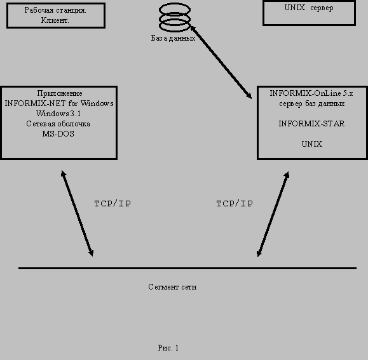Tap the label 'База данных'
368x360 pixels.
coord(174,38)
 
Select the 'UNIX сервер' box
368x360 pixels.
coord(309,24)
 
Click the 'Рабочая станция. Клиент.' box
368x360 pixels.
coord(56,27)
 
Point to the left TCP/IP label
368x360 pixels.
coord(112,203)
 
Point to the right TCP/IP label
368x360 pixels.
coord(235,203)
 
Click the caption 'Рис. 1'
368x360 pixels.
coord(168,347)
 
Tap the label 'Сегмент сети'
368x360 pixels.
coord(172,287)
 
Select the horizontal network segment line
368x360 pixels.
coord(187,268)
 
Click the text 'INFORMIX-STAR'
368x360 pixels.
coord(311,124)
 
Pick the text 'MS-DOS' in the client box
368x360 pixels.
coord(58,133)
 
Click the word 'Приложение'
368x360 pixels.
coord(60,93)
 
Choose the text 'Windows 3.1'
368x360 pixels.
coord(58,114)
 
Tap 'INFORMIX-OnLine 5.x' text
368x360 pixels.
coord(311,93)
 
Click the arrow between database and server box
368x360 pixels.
coord(221,62)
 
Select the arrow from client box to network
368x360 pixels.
coord(77,213)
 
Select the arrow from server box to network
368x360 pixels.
coord(273,214)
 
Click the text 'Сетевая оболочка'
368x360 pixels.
coord(58,124)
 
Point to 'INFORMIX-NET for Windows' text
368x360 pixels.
coord(59,103)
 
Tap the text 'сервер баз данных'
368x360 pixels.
coord(311,103)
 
